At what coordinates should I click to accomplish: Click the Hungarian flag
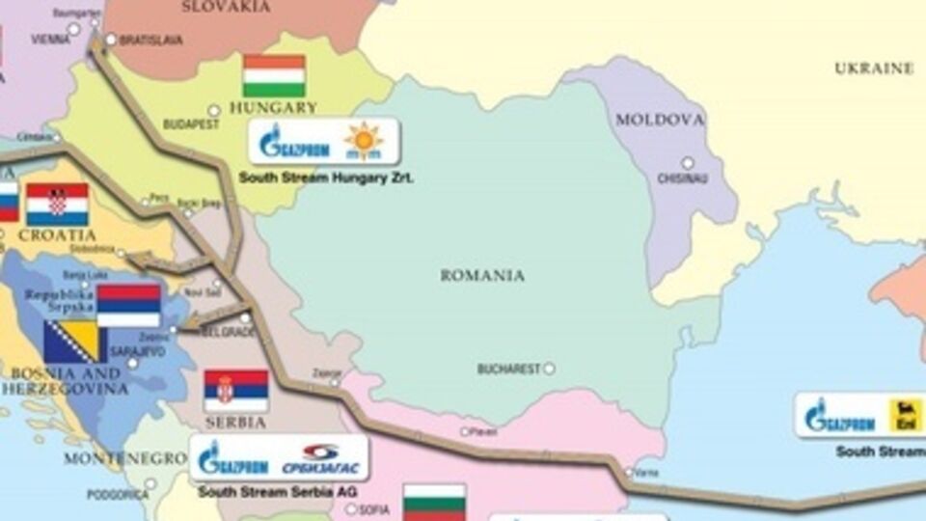(x=274, y=75)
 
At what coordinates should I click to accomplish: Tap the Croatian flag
(x=57, y=204)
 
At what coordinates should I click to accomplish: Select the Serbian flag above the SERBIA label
(x=235, y=391)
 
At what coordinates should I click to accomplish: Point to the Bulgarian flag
(x=434, y=503)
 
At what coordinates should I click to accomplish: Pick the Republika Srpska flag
(x=128, y=305)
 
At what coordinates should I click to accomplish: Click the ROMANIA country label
(x=482, y=276)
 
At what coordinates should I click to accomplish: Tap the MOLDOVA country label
(x=660, y=121)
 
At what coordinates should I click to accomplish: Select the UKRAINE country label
(x=873, y=69)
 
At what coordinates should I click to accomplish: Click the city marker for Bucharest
(x=549, y=368)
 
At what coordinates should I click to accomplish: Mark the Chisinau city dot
(x=688, y=163)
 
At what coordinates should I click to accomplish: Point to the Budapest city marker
(x=213, y=111)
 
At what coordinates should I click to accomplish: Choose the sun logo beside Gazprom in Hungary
(x=364, y=141)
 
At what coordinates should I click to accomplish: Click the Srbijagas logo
(x=320, y=458)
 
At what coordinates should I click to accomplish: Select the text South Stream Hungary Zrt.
(x=326, y=178)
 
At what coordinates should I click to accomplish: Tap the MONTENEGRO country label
(x=124, y=458)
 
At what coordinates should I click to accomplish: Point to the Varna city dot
(x=628, y=473)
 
